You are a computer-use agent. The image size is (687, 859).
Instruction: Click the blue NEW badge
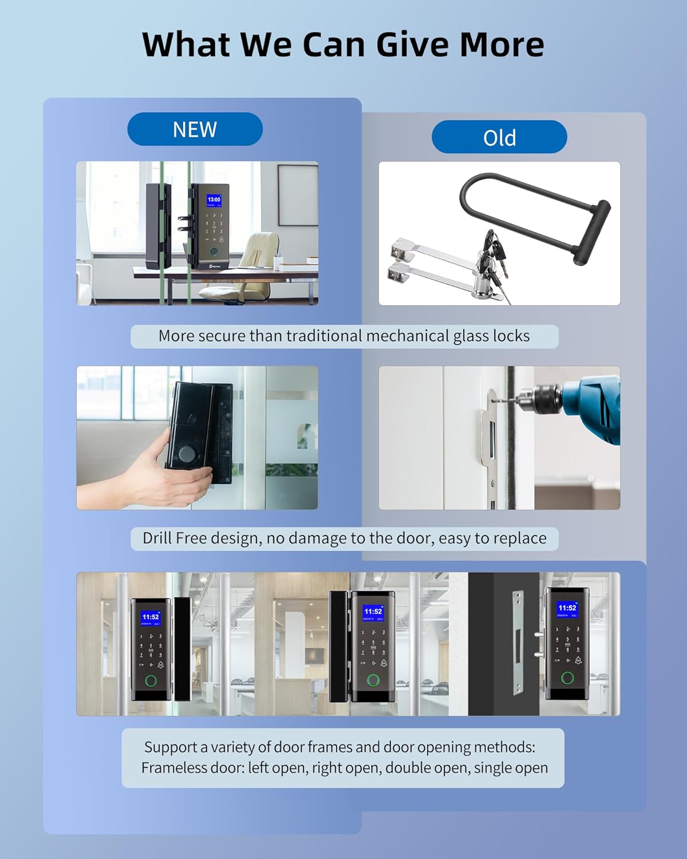click(195, 129)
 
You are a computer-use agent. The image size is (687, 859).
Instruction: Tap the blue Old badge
click(499, 137)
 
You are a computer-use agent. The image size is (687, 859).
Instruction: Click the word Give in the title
click(413, 45)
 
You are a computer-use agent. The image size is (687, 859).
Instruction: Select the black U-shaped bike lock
click(532, 212)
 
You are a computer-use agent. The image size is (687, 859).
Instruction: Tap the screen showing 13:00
click(214, 201)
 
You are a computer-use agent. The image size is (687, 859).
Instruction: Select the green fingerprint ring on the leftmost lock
click(151, 681)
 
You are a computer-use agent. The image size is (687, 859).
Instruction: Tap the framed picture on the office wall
click(298, 195)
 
